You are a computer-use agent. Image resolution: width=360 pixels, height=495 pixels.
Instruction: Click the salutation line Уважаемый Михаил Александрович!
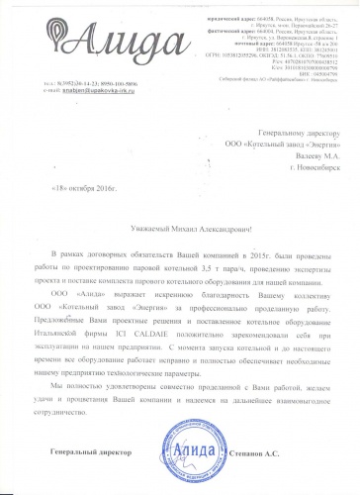179,228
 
